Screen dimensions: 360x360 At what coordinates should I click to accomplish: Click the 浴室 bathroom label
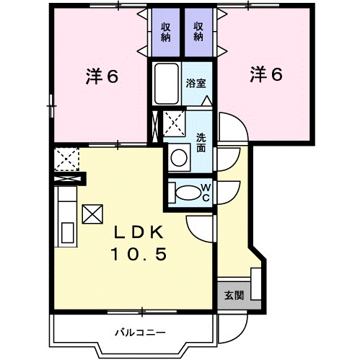pyautogui.click(x=196, y=83)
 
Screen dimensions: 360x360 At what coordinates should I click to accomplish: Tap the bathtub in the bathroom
pyautogui.click(x=167, y=84)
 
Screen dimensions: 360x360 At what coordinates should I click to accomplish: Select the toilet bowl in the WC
pyautogui.click(x=188, y=193)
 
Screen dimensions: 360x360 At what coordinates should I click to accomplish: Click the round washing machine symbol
pyautogui.click(x=179, y=157)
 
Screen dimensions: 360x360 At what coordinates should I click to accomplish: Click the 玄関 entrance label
pyautogui.click(x=234, y=295)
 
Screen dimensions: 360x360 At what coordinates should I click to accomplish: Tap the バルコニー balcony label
pyautogui.click(x=140, y=333)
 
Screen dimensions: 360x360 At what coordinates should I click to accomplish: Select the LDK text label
pyautogui.click(x=139, y=232)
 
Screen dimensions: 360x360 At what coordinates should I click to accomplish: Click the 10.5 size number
pyautogui.click(x=139, y=255)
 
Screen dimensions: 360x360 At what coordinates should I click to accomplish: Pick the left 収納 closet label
pyautogui.click(x=166, y=32)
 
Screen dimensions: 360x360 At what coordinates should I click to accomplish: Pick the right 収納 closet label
pyautogui.click(x=198, y=32)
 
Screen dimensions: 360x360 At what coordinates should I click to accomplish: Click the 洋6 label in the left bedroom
pyautogui.click(x=102, y=76)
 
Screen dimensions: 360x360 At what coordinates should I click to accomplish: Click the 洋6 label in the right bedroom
pyautogui.click(x=266, y=74)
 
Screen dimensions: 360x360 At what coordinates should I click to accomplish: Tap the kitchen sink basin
pyautogui.click(x=68, y=233)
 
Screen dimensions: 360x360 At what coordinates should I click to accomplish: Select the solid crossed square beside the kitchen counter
pyautogui.click(x=92, y=214)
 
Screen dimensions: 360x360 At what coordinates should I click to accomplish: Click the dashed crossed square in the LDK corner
pyautogui.click(x=66, y=159)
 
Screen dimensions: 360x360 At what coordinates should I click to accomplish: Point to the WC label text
pyautogui.click(x=206, y=193)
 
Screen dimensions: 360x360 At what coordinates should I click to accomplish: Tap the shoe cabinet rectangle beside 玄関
pyautogui.click(x=256, y=284)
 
